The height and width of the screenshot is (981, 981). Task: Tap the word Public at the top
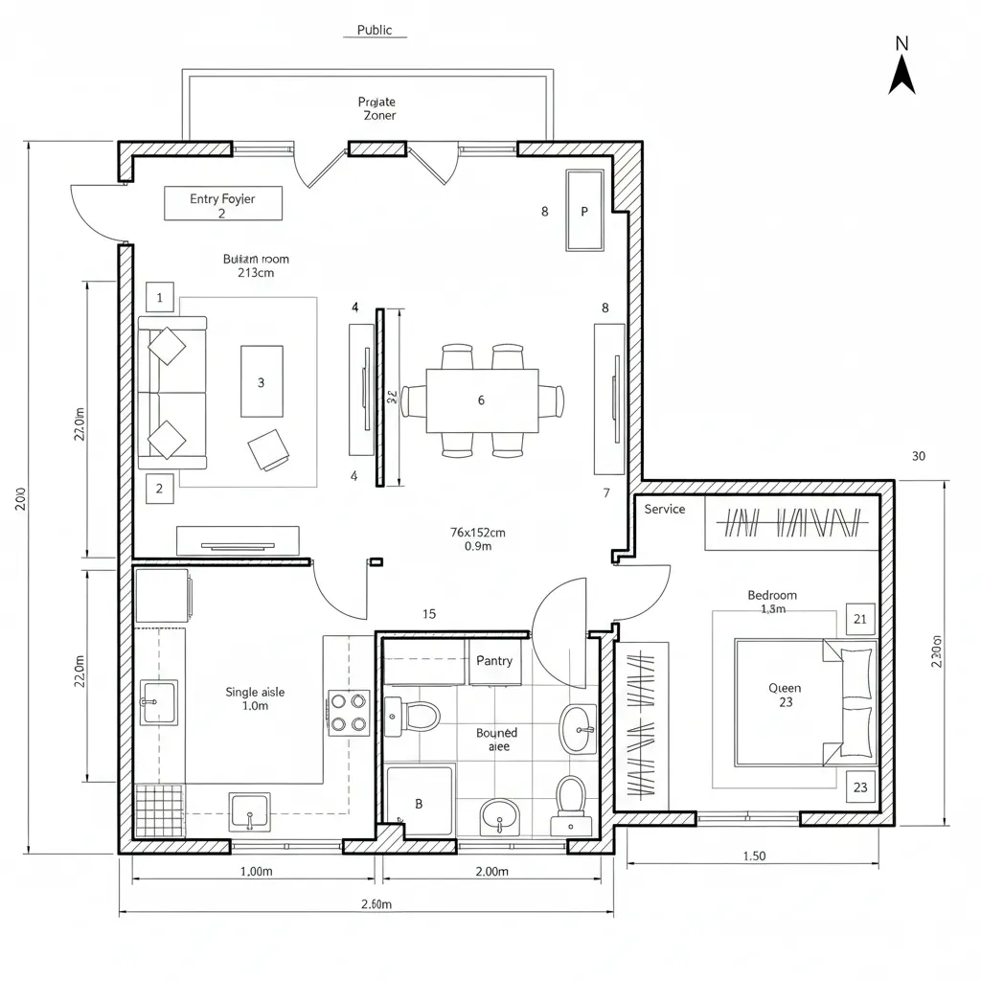click(375, 30)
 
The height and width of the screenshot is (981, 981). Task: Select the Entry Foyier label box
click(223, 203)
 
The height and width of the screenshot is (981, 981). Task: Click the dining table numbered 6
click(482, 400)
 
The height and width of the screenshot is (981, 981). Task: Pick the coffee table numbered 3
click(262, 381)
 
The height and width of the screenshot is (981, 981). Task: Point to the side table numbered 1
click(160, 298)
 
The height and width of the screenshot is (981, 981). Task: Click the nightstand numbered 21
click(860, 619)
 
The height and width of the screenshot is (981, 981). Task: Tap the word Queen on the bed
click(785, 688)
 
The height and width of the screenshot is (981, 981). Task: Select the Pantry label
click(494, 661)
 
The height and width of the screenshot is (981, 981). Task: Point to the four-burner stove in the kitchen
click(349, 712)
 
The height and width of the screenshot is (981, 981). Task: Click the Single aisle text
click(255, 692)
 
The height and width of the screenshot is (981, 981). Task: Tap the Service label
click(665, 509)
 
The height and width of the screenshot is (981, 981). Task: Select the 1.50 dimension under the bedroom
click(754, 856)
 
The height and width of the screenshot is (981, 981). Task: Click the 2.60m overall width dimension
click(376, 904)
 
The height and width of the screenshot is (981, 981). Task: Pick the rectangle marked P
click(584, 212)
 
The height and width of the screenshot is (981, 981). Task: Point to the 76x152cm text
click(477, 532)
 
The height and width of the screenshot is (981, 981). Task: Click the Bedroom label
click(772, 595)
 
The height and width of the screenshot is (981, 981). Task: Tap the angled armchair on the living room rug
click(267, 449)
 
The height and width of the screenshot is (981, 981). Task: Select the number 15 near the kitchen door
click(429, 614)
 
